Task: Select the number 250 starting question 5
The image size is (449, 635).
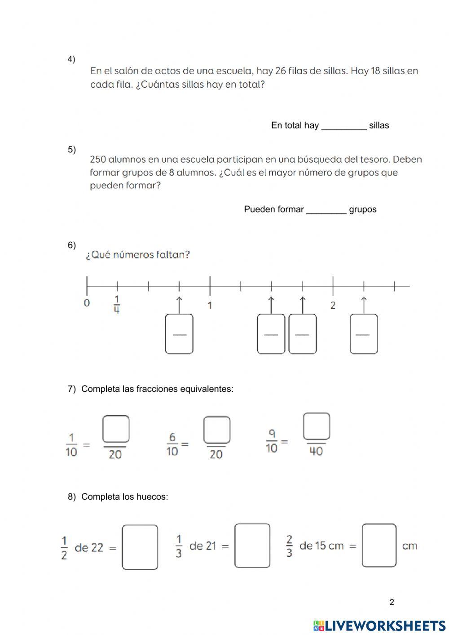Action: pos(98,160)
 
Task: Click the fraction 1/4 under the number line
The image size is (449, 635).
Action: pos(117,305)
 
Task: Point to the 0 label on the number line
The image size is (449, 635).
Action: pos(87,303)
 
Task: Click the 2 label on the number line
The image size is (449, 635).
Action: pos(333,306)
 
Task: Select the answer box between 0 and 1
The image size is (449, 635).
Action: pos(179,334)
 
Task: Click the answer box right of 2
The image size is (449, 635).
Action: pos(364,334)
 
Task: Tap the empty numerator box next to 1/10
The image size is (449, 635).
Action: pos(116,429)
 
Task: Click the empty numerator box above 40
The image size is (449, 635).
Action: pos(317,426)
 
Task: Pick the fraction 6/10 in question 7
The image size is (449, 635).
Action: pos(172,444)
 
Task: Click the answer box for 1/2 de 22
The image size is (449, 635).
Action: pos(140,547)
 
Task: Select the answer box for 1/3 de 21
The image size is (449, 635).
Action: pos(252,546)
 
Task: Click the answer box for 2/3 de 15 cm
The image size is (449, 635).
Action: pos(379,546)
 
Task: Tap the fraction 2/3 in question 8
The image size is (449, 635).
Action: pos(289,546)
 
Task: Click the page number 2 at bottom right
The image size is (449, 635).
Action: pos(392,602)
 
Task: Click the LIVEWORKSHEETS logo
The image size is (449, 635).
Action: pos(379,625)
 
